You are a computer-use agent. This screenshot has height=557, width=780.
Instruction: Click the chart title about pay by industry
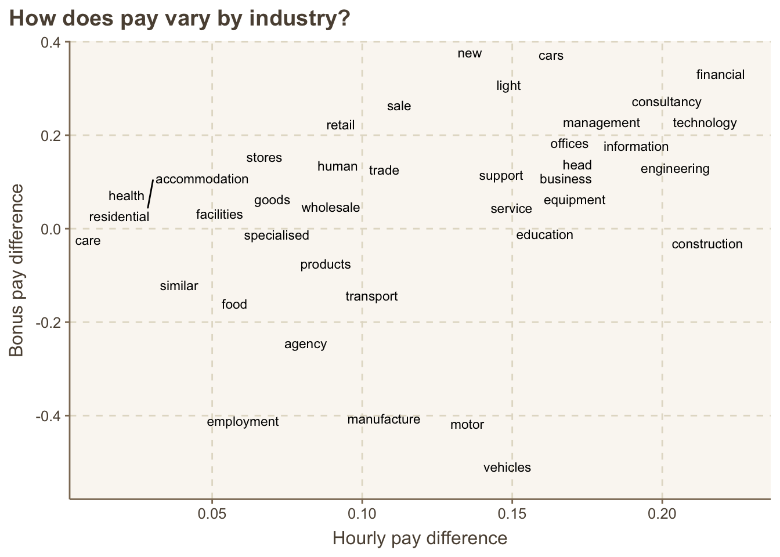[180, 19]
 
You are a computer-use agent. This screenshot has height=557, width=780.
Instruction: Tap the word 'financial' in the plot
[720, 75]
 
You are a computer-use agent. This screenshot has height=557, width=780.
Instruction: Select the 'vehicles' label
[507, 468]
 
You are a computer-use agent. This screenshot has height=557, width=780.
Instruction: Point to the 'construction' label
[707, 244]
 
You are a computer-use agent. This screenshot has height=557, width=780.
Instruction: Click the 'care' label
[88, 241]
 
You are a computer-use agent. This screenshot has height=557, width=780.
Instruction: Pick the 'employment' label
[243, 422]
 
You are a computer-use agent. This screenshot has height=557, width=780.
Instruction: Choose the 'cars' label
[551, 56]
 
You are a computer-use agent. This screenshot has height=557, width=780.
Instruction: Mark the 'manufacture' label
[384, 419]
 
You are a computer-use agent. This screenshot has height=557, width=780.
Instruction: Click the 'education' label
[544, 235]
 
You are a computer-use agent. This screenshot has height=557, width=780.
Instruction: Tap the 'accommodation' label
[202, 179]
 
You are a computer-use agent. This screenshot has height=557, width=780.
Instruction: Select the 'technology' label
[705, 123]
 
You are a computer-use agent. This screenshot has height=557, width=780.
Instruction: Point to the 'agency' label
[305, 344]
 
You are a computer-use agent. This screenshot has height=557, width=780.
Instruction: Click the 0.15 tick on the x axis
[512, 513]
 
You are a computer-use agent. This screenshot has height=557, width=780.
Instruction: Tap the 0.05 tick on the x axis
[212, 513]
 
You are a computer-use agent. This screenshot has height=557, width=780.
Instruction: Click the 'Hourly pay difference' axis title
[420, 538]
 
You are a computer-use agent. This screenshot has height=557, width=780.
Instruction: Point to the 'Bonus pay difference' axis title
[17, 270]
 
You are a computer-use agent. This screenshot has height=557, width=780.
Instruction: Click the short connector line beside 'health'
[150, 193]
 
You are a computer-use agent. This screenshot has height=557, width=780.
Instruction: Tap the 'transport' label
[371, 296]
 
